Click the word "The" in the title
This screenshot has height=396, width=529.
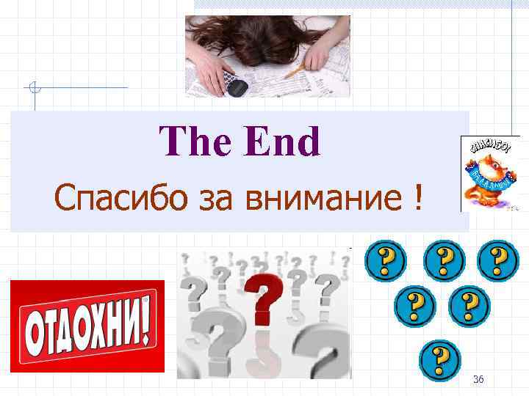[x=193, y=142]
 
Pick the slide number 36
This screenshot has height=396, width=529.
[x=478, y=378]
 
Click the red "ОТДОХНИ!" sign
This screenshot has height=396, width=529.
[x=87, y=327]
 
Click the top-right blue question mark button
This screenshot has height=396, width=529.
[x=498, y=260]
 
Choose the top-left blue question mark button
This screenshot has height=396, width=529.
[x=384, y=260]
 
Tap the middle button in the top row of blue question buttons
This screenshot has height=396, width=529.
[x=443, y=260]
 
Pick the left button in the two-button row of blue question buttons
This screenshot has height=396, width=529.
[x=414, y=307]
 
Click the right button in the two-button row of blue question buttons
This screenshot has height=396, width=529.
[x=469, y=307]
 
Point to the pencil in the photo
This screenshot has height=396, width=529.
[x=297, y=70]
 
